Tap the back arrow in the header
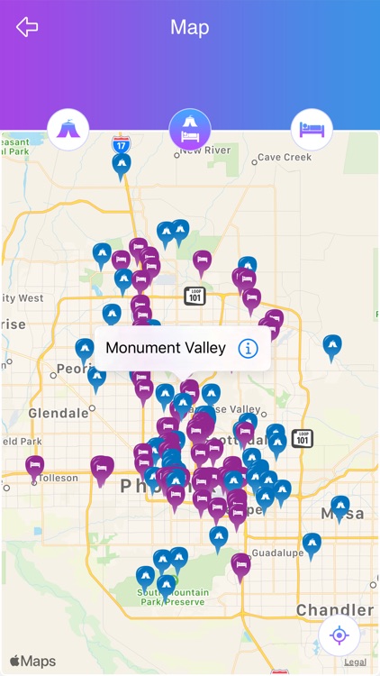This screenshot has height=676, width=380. pyautogui.click(x=27, y=27)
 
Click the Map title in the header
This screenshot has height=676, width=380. pyautogui.click(x=190, y=27)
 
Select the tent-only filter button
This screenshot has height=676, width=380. pyautogui.click(x=68, y=130)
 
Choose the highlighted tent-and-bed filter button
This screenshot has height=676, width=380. pyautogui.click(x=190, y=130)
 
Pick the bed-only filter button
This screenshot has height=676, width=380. pyautogui.click(x=312, y=130)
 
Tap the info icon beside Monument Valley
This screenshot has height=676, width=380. pyautogui.click(x=248, y=348)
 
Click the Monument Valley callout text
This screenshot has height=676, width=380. pyautogui.click(x=166, y=348)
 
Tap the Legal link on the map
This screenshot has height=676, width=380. pyautogui.click(x=355, y=662)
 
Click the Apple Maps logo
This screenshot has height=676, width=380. pyautogui.click(x=32, y=662)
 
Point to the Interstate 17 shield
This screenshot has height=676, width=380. pyautogui.click(x=120, y=143)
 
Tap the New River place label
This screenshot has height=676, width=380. pyautogui.click(x=205, y=151)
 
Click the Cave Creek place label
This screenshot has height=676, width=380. pyautogui.click(x=285, y=157)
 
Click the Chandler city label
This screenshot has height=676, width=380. pyautogui.click(x=335, y=610)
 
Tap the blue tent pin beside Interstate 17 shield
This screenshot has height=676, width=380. pyautogui.click(x=122, y=165)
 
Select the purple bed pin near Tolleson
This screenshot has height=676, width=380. pyautogui.click(x=35, y=466)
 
